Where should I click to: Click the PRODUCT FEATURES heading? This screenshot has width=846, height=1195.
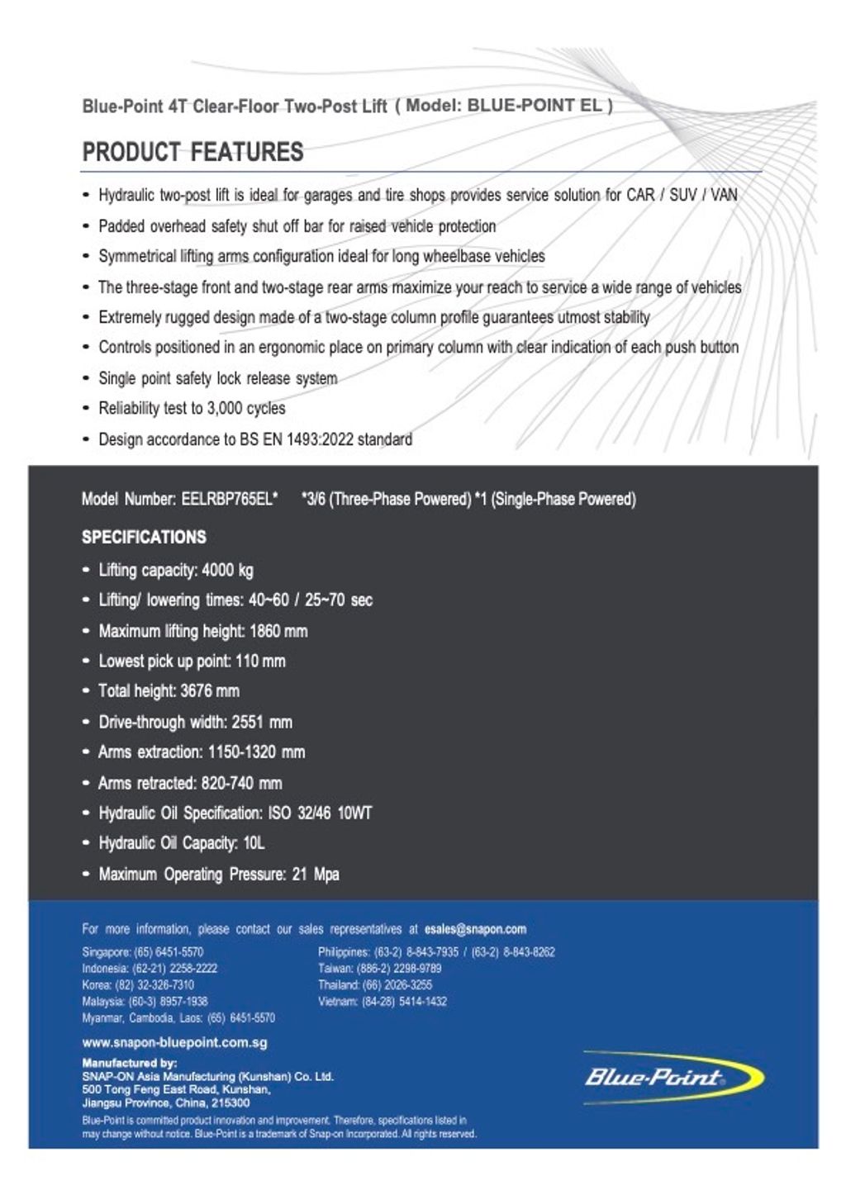pyautogui.click(x=192, y=153)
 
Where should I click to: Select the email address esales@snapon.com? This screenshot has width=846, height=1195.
pyautogui.click(x=481, y=929)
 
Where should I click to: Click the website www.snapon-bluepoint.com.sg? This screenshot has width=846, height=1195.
pyautogui.click(x=174, y=1043)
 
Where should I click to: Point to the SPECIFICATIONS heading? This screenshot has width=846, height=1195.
pyautogui.click(x=144, y=538)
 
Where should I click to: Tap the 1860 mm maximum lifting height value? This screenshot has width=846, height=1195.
pyautogui.click(x=278, y=632)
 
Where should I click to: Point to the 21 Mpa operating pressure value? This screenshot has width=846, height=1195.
pyautogui.click(x=316, y=875)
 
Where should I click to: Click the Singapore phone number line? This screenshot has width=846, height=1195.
pyautogui.click(x=142, y=952)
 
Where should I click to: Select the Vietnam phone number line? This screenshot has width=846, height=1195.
pyautogui.click(x=382, y=1002)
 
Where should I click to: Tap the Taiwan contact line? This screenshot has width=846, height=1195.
pyautogui.click(x=379, y=969)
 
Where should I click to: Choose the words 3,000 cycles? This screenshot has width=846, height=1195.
pyautogui.click(x=247, y=409)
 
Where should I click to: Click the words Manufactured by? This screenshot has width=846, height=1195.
pyautogui.click(x=129, y=1063)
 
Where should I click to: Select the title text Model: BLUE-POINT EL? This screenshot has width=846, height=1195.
pyautogui.click(x=508, y=106)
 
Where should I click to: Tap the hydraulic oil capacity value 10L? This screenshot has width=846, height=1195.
pyautogui.click(x=254, y=843)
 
